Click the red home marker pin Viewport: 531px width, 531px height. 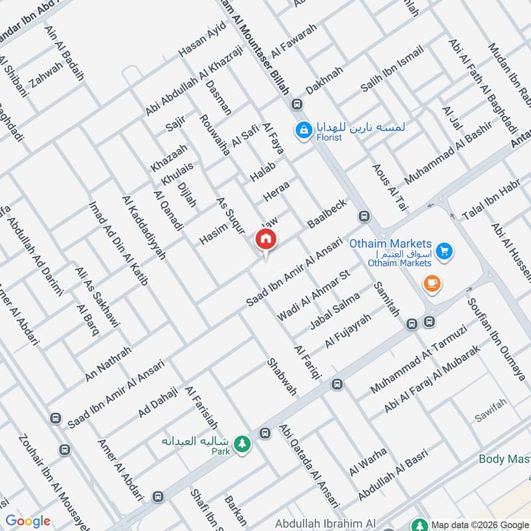(266, 240)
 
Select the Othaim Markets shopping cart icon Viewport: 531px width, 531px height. (445, 251)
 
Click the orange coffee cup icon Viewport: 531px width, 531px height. (432, 283)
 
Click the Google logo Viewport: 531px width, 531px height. (28, 521)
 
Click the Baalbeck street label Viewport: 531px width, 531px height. (327, 214)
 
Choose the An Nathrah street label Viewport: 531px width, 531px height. (104, 362)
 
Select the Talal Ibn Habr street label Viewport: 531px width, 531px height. (491, 200)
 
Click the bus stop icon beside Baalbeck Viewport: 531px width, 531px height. (364, 216)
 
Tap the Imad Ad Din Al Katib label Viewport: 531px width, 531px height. (118, 242)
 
